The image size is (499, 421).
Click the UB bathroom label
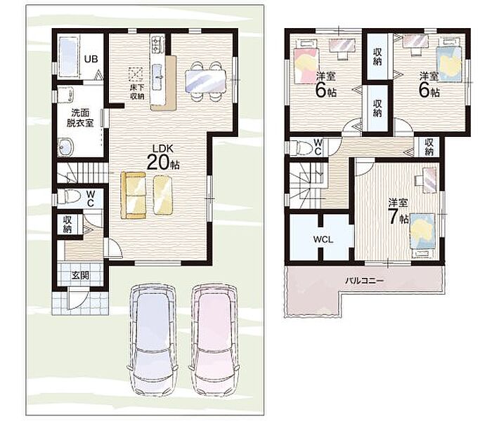click(91, 59)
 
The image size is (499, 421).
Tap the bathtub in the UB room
click(68, 57)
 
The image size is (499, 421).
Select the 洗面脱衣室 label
click(80, 118)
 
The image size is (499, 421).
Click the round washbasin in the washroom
click(66, 147)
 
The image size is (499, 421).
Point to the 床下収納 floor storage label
click(137, 91)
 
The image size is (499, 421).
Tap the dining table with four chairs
click(206, 81)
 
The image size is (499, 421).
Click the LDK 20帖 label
click(162, 157)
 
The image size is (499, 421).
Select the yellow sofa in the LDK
click(133, 195)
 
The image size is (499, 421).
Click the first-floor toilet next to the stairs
click(67, 196)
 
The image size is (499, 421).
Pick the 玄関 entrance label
click(80, 275)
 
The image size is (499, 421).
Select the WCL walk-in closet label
click(323, 239)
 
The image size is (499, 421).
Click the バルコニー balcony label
click(364, 281)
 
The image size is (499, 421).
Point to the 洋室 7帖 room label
click(398, 211)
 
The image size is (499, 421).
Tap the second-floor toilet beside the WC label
click(303, 147)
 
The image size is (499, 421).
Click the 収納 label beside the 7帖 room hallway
click(429, 147)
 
